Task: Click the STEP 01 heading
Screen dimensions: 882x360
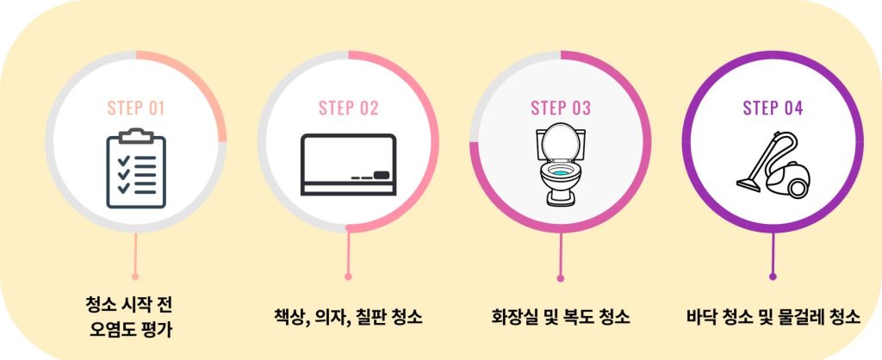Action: click(x=135, y=108)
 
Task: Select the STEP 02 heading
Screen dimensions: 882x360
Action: click(x=348, y=108)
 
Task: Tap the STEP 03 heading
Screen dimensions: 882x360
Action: click(x=561, y=108)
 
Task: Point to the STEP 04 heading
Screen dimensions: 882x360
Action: click(x=773, y=108)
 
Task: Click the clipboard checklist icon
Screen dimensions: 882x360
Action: click(x=136, y=168)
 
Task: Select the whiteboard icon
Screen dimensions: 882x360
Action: click(x=348, y=164)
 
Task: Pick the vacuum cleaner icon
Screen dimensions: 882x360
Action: click(x=773, y=164)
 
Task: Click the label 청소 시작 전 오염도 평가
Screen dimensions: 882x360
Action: click(x=129, y=317)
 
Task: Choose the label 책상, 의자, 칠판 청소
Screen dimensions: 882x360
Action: click(x=348, y=317)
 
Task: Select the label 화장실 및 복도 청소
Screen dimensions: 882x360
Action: click(x=560, y=317)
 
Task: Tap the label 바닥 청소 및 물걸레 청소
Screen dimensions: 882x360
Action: click(x=773, y=317)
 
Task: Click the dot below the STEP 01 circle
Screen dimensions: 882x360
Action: click(x=135, y=276)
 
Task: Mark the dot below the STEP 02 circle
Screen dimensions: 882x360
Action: click(x=348, y=276)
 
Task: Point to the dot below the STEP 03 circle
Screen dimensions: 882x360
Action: click(x=560, y=278)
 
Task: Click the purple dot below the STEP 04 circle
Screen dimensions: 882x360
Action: click(x=773, y=276)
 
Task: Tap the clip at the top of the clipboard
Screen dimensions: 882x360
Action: click(x=136, y=135)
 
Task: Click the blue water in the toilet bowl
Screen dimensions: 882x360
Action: click(x=560, y=173)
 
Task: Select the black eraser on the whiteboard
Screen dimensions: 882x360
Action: click(x=382, y=175)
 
